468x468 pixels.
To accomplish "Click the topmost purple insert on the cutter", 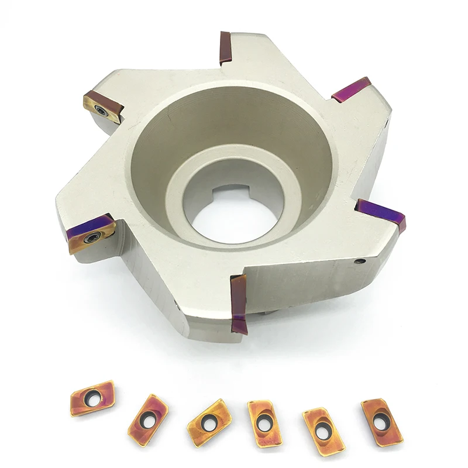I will click(225, 48).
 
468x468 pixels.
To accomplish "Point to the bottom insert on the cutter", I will click(239, 304).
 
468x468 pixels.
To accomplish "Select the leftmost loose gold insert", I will click(92, 397).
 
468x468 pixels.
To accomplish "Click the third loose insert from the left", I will click(207, 422).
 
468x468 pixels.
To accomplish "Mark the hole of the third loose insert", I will click(207, 421).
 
